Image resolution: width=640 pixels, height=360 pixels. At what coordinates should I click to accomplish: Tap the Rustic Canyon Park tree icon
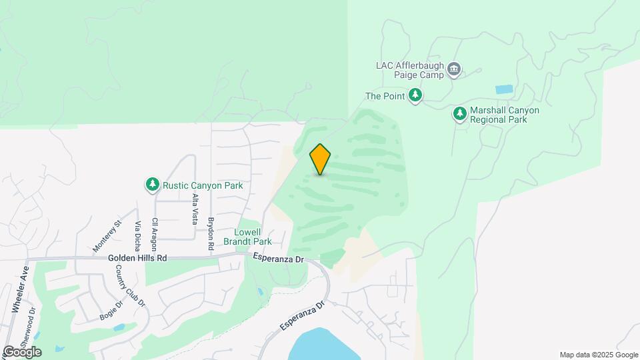pyautogui.click(x=153, y=184)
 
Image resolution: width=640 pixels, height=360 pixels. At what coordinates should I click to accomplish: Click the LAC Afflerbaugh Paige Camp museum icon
pyautogui.click(x=455, y=69)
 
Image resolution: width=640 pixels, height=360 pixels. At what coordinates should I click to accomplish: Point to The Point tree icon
pyautogui.click(x=415, y=96)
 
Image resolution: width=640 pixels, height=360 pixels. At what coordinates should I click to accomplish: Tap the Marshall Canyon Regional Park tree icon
pyautogui.click(x=459, y=114)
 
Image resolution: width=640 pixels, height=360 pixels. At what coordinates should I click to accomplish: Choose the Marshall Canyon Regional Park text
pyautogui.click(x=504, y=115)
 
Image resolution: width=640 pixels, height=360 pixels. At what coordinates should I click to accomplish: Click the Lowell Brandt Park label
pyautogui.click(x=247, y=237)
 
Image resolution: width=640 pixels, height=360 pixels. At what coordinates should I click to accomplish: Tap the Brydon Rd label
pyautogui.click(x=211, y=233)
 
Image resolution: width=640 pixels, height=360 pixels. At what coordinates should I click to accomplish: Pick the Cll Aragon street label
pyautogui.click(x=155, y=231)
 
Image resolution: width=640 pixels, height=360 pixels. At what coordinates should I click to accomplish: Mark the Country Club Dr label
pyautogui.click(x=131, y=285)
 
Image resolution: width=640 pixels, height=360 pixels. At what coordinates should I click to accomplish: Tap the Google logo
pyautogui.click(x=22, y=352)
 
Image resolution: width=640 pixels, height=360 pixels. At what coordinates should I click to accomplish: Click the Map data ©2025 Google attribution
pyautogui.click(x=599, y=355)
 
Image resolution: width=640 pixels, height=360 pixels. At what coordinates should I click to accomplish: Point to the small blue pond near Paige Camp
pyautogui.click(x=505, y=89)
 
